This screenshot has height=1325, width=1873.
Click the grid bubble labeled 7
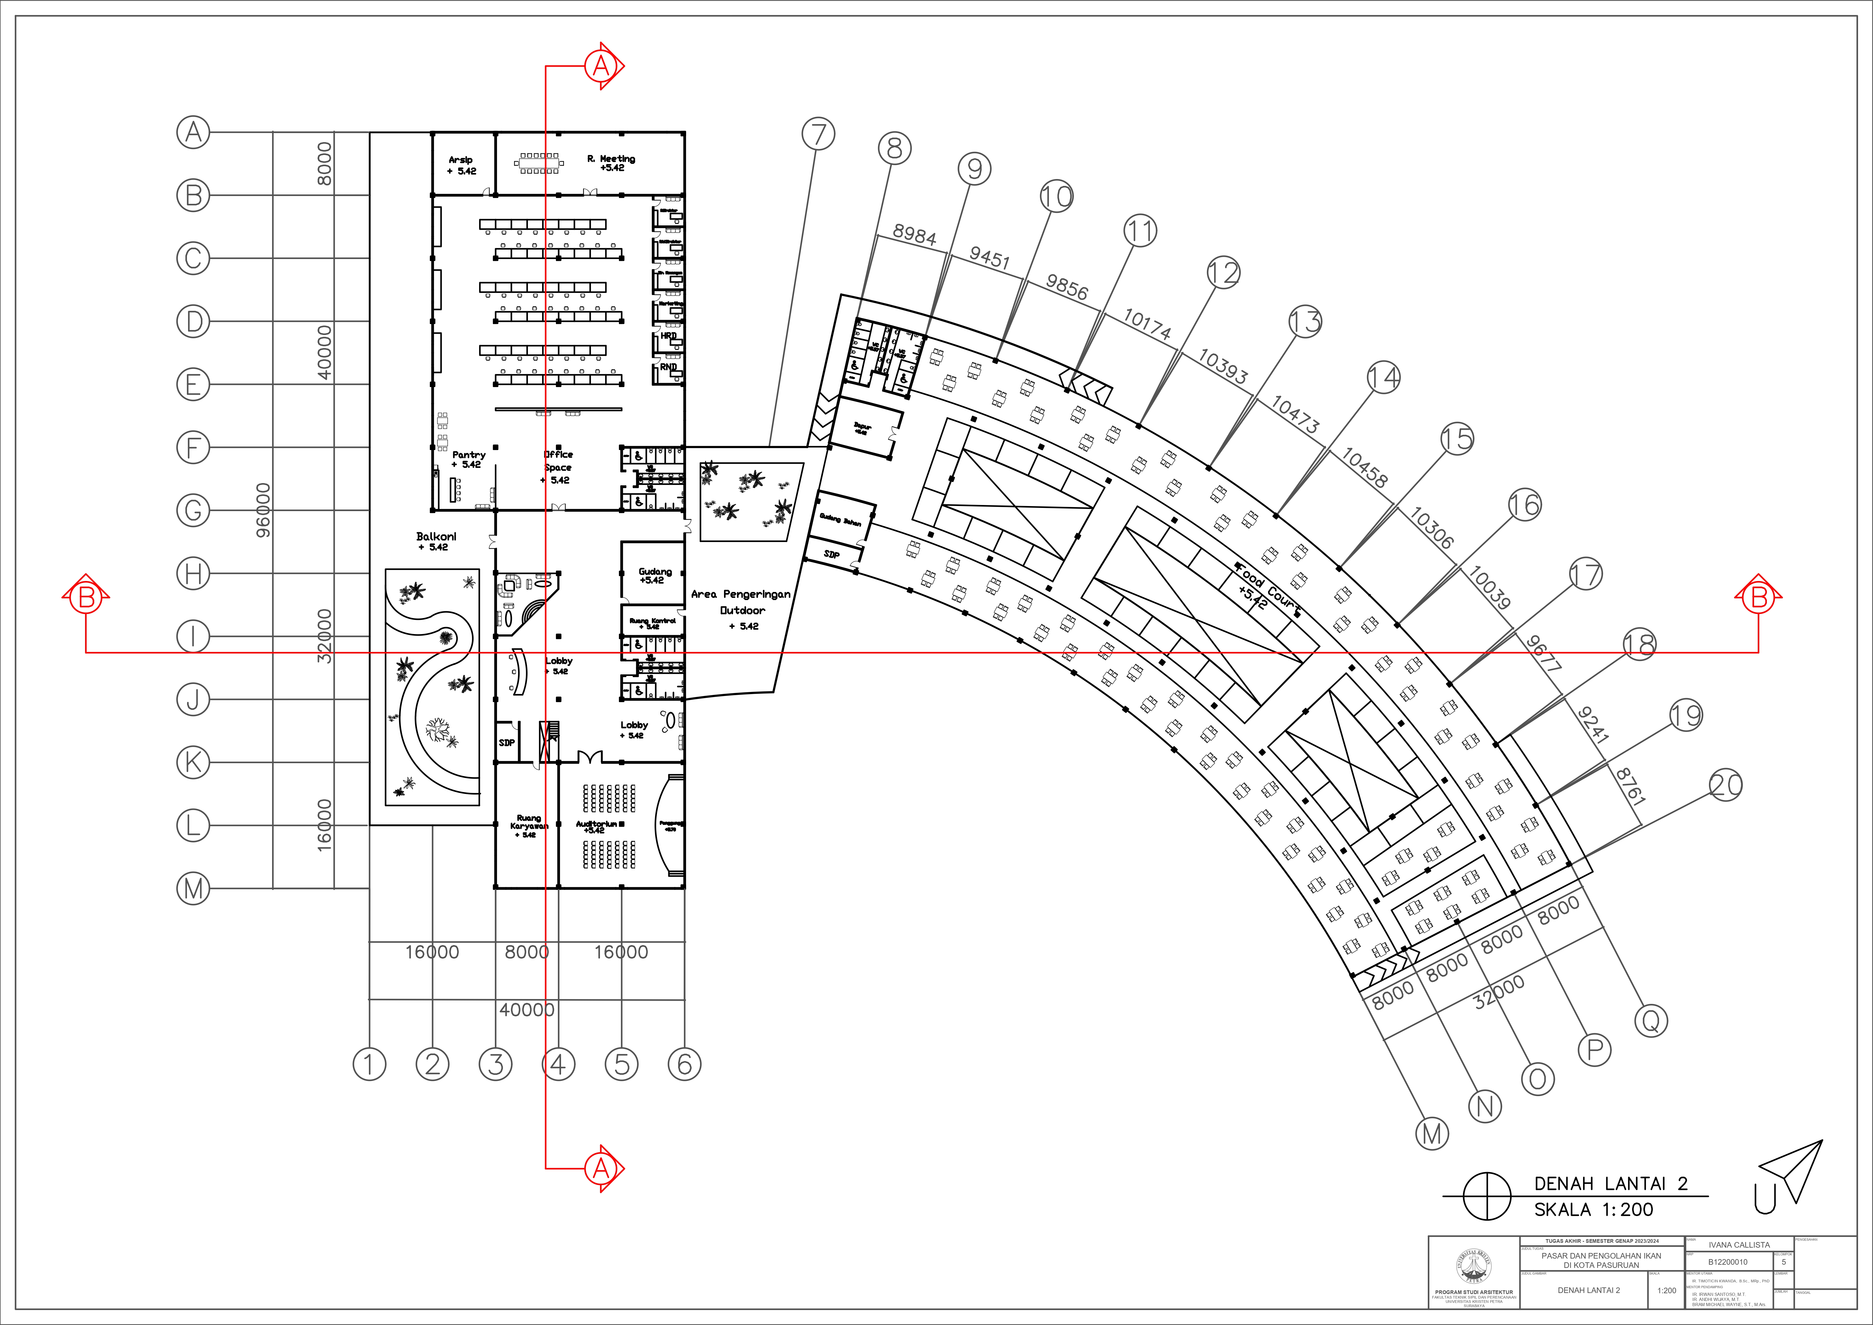click(818, 134)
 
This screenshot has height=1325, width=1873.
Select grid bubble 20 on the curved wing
click(1725, 786)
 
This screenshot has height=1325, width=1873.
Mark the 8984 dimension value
click(914, 235)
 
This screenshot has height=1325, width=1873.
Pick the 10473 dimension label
click(1295, 414)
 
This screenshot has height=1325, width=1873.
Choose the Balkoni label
click(436, 541)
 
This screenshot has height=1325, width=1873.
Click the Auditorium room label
click(596, 826)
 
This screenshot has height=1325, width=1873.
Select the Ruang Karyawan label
click(529, 825)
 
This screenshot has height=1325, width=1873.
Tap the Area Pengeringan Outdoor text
click(741, 610)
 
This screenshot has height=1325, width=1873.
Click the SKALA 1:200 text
click(1593, 1209)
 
